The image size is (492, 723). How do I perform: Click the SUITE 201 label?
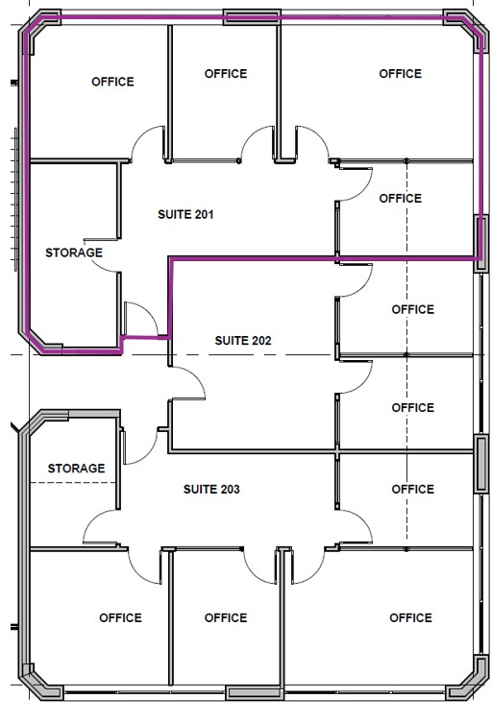(185, 214)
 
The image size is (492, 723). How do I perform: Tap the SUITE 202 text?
(243, 341)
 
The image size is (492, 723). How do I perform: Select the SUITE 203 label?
(211, 490)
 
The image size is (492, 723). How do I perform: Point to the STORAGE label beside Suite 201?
(74, 253)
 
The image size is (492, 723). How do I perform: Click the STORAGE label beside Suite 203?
(76, 469)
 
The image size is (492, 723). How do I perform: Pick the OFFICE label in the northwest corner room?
(112, 82)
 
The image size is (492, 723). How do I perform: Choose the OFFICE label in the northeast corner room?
(400, 74)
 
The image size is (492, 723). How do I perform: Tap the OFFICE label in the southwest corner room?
(120, 618)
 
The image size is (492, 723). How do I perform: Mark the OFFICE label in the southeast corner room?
(410, 618)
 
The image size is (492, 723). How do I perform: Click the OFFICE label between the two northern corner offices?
(226, 74)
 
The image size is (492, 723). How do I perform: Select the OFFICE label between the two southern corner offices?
(226, 618)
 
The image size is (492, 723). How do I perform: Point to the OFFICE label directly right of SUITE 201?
(400, 199)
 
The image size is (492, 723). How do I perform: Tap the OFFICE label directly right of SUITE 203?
(412, 490)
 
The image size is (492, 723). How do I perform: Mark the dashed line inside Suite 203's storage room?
(72, 483)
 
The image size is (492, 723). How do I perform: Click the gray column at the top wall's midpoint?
(252, 17)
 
